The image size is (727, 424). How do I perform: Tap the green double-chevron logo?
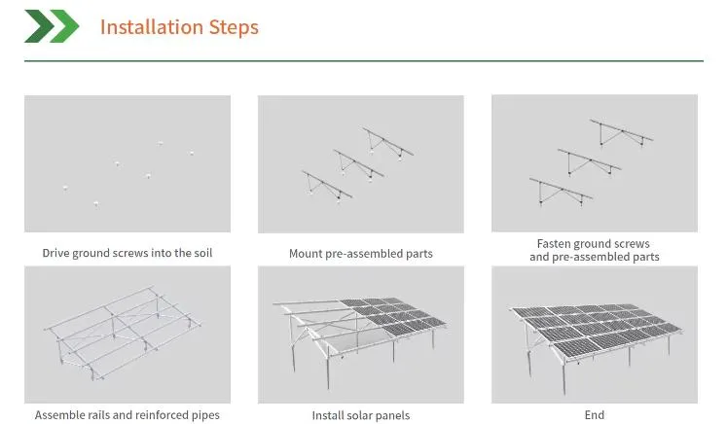51,26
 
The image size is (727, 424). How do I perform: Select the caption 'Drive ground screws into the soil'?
127,254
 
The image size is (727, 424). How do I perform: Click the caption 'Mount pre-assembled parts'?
360,254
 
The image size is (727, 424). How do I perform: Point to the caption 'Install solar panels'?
360,415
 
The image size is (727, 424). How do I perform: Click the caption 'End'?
594,415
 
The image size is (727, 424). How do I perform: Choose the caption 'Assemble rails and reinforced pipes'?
127,415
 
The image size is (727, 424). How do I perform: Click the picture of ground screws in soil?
127,163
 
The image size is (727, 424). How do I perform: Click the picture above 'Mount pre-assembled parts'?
360,163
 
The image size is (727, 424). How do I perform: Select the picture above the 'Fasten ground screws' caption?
594,163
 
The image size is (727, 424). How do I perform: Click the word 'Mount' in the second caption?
307,254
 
